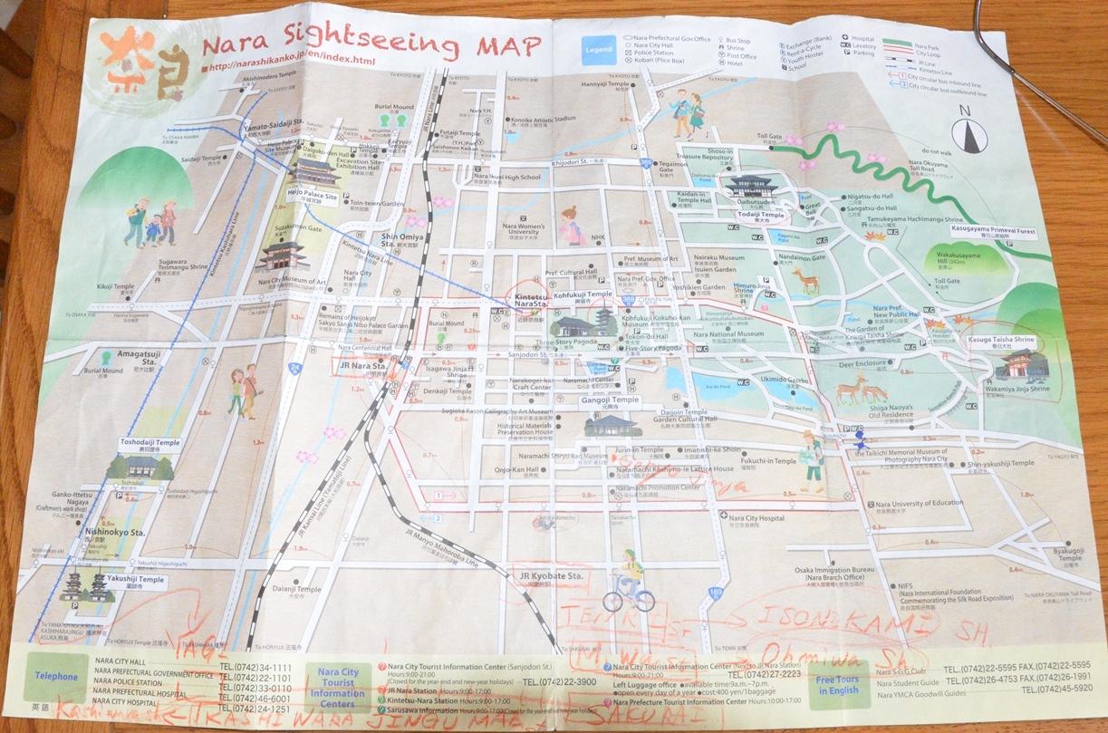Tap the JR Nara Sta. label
coord(361,365)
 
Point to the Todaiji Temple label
coord(759,215)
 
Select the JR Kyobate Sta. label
coord(549,576)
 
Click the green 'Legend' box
coord(598,49)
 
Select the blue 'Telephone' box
coord(57,676)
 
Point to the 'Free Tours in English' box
coord(837,684)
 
